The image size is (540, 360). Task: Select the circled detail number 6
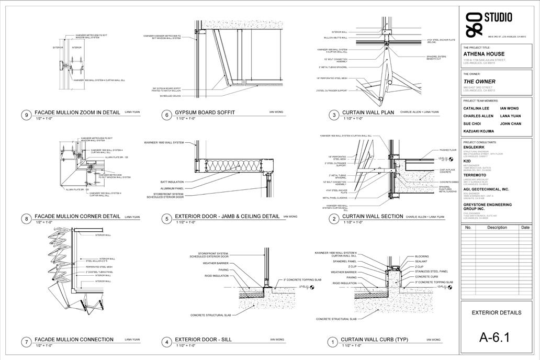point(167,115)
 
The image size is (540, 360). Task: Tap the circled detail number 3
point(333,115)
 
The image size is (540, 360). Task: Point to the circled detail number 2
point(333,219)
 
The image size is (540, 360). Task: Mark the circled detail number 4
point(167,342)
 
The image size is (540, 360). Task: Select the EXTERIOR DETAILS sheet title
point(497,313)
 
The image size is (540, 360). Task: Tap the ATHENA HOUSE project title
point(484,54)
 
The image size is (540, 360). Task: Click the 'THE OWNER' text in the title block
point(479,82)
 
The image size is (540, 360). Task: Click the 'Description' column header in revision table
point(497,228)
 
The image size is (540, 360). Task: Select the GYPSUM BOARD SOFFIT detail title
point(205,113)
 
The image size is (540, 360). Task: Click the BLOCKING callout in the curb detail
point(422,256)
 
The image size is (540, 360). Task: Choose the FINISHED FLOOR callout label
point(448,150)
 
